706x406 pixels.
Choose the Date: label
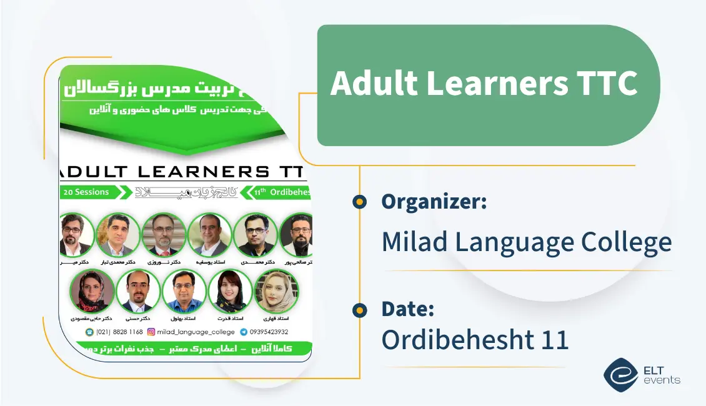[x=408, y=309]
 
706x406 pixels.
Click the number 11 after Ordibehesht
[x=552, y=339]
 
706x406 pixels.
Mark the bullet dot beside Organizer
[x=359, y=201]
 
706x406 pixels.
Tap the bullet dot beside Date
[x=359, y=309]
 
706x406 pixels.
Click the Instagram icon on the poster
[x=151, y=332]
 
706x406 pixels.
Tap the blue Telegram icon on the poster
[x=244, y=332]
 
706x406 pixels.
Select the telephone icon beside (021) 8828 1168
[x=90, y=332]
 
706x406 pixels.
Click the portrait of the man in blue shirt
[x=184, y=290]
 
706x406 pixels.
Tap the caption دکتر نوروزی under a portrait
[x=164, y=262]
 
